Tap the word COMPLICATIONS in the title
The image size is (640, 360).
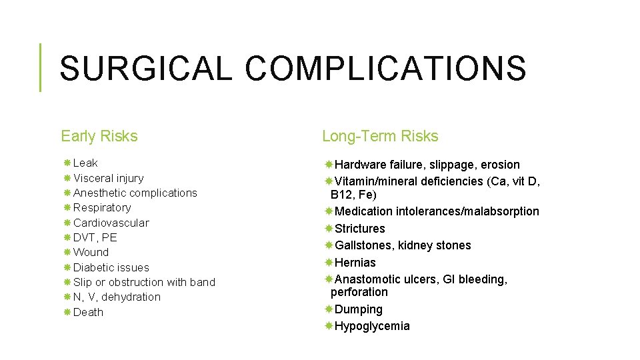click(385, 68)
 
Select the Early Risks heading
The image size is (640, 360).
click(99, 137)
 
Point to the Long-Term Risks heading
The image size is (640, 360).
click(380, 137)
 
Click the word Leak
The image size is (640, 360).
click(85, 163)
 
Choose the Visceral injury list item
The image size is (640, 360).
click(108, 178)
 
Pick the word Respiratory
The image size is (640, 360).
click(102, 207)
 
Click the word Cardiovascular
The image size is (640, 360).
click(111, 223)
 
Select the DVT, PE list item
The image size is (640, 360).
click(95, 237)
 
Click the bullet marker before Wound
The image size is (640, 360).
click(67, 253)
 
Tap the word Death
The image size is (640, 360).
click(88, 312)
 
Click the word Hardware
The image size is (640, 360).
click(360, 165)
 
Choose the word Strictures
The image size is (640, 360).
click(359, 229)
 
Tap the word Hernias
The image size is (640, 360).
click(355, 263)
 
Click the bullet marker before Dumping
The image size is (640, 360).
click(329, 309)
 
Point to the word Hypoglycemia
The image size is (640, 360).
click(372, 326)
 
